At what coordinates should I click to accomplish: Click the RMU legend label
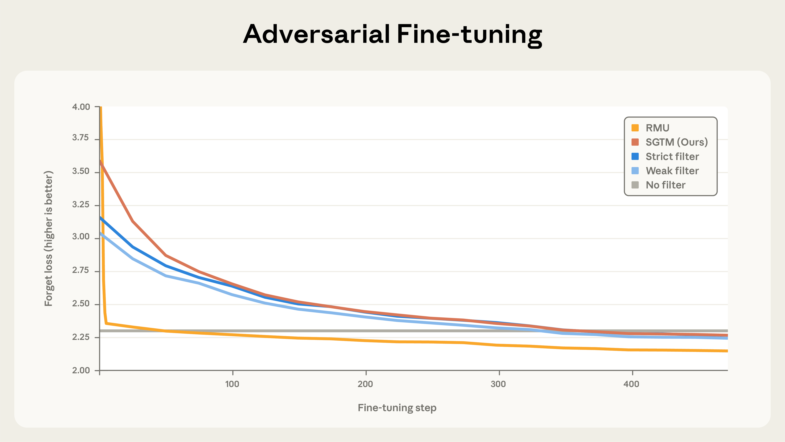657,128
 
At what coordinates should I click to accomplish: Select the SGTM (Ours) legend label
676,142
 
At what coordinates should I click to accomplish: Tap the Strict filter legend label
672,157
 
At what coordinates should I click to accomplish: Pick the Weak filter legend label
672,171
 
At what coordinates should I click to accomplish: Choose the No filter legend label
665,185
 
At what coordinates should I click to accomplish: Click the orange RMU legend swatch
635,128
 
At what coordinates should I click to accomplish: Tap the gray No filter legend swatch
635,185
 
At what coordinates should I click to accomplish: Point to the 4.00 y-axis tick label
81,107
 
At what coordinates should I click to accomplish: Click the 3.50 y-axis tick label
81,171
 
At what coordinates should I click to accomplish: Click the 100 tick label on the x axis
232,384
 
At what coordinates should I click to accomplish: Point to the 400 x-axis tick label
631,384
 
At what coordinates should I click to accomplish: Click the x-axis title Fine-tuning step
397,408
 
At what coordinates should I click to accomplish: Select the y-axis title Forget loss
49,238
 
